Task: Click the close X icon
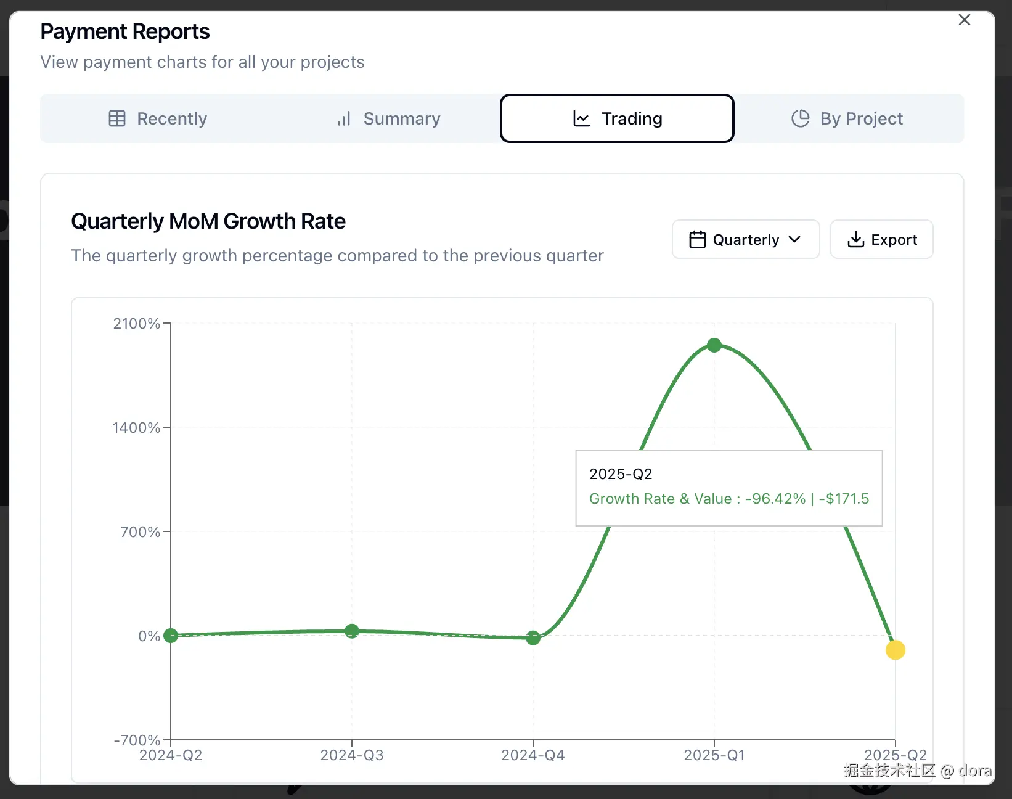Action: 965,20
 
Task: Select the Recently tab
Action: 158,118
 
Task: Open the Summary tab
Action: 389,118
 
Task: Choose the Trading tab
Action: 617,118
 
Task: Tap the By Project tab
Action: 847,118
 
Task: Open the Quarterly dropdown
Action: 745,239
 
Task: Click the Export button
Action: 881,239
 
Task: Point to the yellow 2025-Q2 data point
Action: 895,650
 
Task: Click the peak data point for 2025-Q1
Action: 714,345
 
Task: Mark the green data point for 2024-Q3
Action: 352,631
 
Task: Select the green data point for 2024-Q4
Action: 533,638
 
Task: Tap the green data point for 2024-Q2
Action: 171,636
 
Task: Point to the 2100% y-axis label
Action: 136,324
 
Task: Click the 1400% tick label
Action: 136,428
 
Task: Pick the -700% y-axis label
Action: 137,740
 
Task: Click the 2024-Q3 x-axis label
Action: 352,755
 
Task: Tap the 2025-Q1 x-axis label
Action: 714,755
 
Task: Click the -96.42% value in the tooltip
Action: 775,499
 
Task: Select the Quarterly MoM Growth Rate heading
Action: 208,221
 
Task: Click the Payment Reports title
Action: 125,31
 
